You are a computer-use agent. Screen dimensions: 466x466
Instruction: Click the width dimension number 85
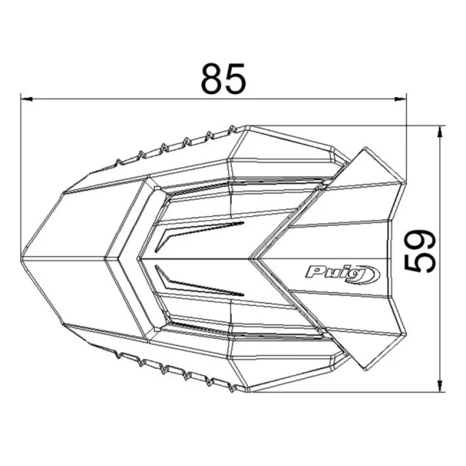pyautogui.click(x=224, y=78)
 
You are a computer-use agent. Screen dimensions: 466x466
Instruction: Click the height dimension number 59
pyautogui.click(x=420, y=252)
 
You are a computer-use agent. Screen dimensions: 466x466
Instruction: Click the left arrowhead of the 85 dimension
pyautogui.click(x=26, y=99)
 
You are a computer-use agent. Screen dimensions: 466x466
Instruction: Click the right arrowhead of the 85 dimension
pyautogui.click(x=400, y=99)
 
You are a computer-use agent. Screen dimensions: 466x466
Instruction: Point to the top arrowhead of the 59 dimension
pyautogui.click(x=440, y=132)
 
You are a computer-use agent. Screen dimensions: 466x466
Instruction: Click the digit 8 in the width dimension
pyautogui.click(x=213, y=78)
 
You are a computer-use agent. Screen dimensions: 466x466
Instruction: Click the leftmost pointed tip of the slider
pyautogui.click(x=22, y=256)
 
